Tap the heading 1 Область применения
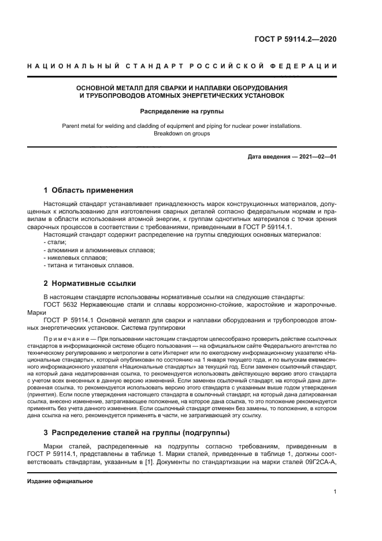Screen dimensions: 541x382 [89, 190]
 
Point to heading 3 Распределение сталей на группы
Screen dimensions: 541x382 [136, 432]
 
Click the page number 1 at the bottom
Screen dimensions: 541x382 [335, 492]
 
